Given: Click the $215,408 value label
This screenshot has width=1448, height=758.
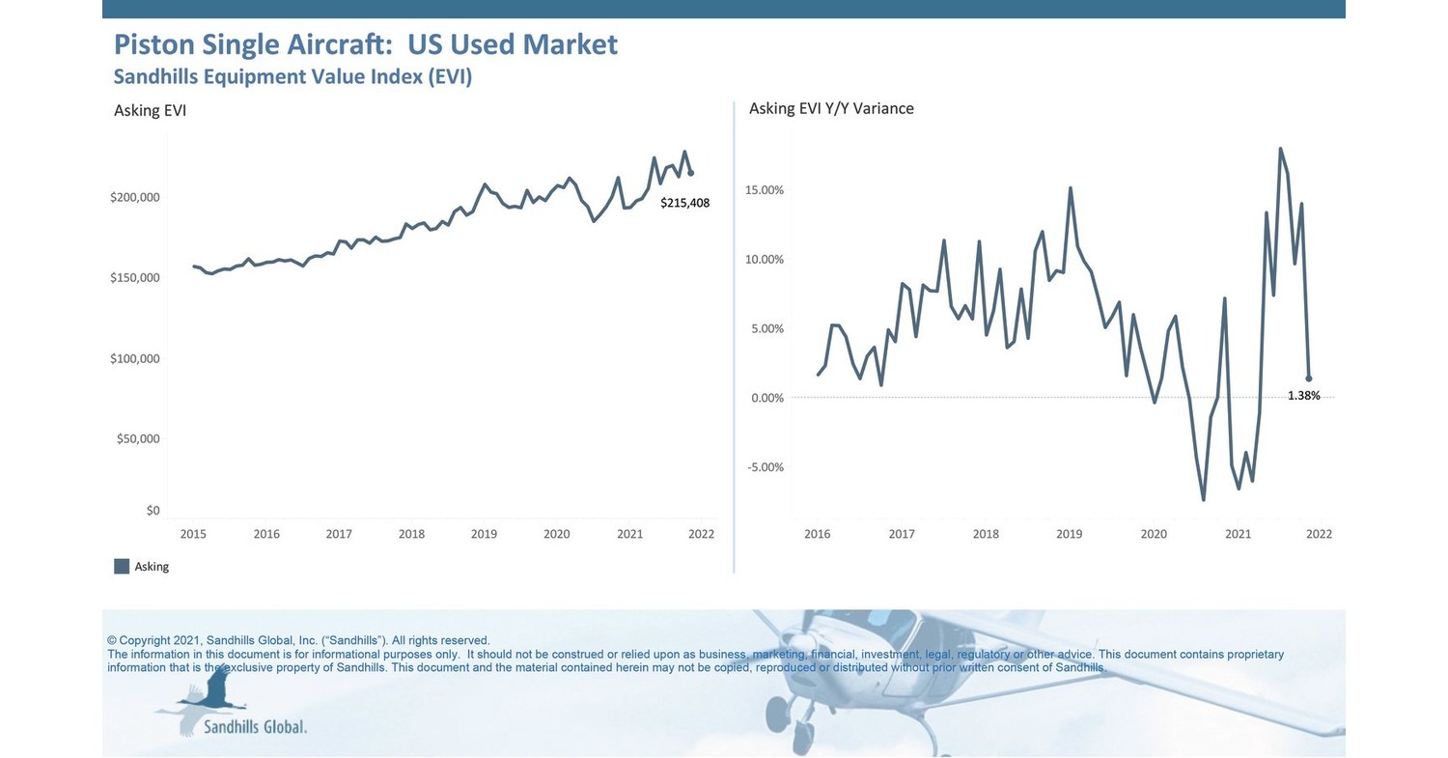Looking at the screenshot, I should point(684,203).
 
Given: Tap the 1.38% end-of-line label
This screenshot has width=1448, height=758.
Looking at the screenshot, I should point(1303,396).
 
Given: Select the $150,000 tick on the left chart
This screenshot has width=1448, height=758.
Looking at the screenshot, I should point(134,278).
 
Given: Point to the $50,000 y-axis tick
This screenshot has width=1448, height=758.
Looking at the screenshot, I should point(137,439).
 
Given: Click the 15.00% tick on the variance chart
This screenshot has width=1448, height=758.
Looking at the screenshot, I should point(764,190).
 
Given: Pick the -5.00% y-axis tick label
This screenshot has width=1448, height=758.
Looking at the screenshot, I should point(765,467).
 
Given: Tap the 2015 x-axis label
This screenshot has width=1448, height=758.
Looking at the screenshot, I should point(193,534).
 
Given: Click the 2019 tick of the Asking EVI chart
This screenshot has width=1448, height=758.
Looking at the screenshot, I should point(484,534).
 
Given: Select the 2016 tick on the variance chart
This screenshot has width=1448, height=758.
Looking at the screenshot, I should point(817,534).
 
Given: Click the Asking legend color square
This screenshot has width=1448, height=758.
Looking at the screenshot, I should point(122,567).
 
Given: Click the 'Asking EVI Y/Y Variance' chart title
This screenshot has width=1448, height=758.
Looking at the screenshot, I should point(831,108).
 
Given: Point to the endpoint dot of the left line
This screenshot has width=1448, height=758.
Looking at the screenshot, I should point(690,173).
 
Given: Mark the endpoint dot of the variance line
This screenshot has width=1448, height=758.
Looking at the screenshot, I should point(1308,379).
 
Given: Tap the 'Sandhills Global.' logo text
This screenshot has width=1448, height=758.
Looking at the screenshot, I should point(255,726).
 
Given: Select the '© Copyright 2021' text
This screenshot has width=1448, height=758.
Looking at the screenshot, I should point(153,640).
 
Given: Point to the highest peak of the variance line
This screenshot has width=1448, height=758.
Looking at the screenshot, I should point(1280,149).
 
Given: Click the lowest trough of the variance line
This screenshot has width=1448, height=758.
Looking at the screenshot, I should point(1203,499).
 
